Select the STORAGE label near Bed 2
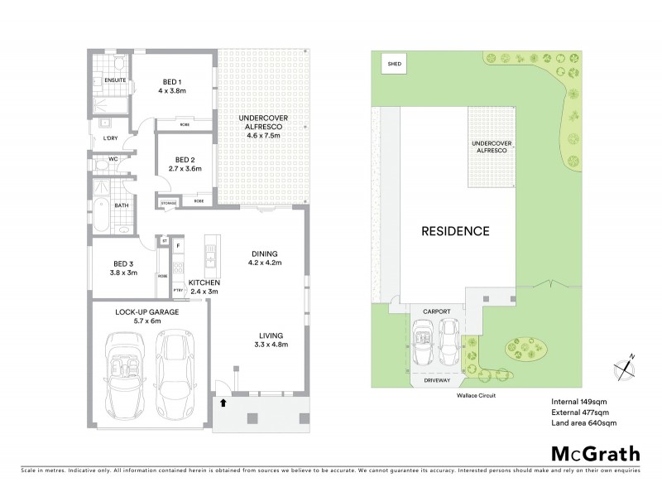(168, 201)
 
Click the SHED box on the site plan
(390, 62)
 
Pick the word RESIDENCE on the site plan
(457, 230)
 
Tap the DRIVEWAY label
(436, 381)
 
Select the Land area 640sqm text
(583, 423)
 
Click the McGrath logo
(594, 453)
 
